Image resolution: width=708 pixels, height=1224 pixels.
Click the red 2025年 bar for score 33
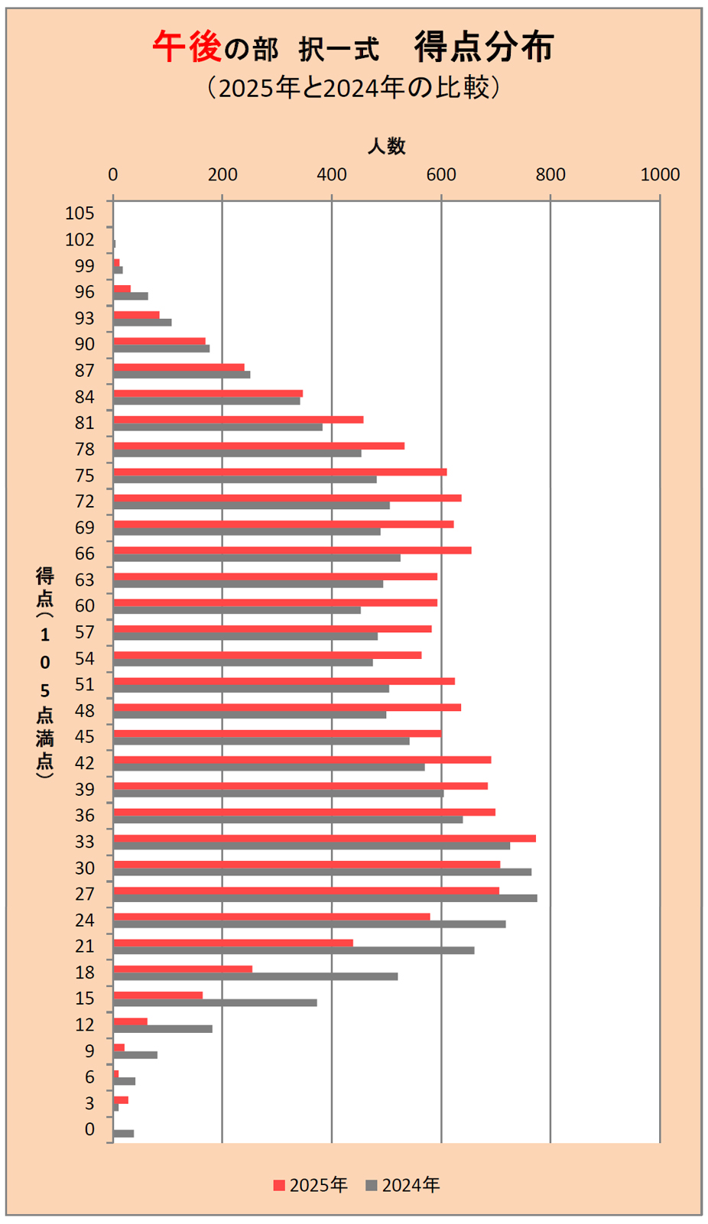click(324, 838)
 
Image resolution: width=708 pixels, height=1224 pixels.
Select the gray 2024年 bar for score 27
click(325, 898)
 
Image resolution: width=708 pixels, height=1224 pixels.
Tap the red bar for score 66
click(292, 550)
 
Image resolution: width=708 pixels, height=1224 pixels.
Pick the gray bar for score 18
click(255, 976)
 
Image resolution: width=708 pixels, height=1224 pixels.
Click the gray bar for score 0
click(123, 1133)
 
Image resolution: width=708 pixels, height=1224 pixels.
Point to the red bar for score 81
click(238, 420)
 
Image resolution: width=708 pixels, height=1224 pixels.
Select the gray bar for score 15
click(215, 1002)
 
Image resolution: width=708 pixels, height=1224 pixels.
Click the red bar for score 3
click(121, 1099)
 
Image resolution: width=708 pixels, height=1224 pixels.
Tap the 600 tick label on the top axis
click(441, 174)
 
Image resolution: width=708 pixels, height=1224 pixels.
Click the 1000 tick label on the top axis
click(660, 174)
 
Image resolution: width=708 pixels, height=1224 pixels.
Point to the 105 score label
click(80, 213)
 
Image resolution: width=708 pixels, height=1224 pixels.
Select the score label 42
click(85, 763)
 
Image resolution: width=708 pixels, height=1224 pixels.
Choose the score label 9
click(89, 1051)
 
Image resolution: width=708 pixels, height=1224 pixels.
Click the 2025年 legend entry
click(310, 1185)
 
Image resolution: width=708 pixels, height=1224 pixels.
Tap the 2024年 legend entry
click(403, 1185)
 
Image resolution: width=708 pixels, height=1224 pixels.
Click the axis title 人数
click(387, 146)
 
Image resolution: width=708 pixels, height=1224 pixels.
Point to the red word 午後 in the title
click(187, 47)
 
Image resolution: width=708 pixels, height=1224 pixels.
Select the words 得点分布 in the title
click(484, 47)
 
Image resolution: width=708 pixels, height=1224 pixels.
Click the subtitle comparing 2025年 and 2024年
click(354, 88)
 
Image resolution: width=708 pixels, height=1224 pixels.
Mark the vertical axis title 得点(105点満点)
click(45, 673)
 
